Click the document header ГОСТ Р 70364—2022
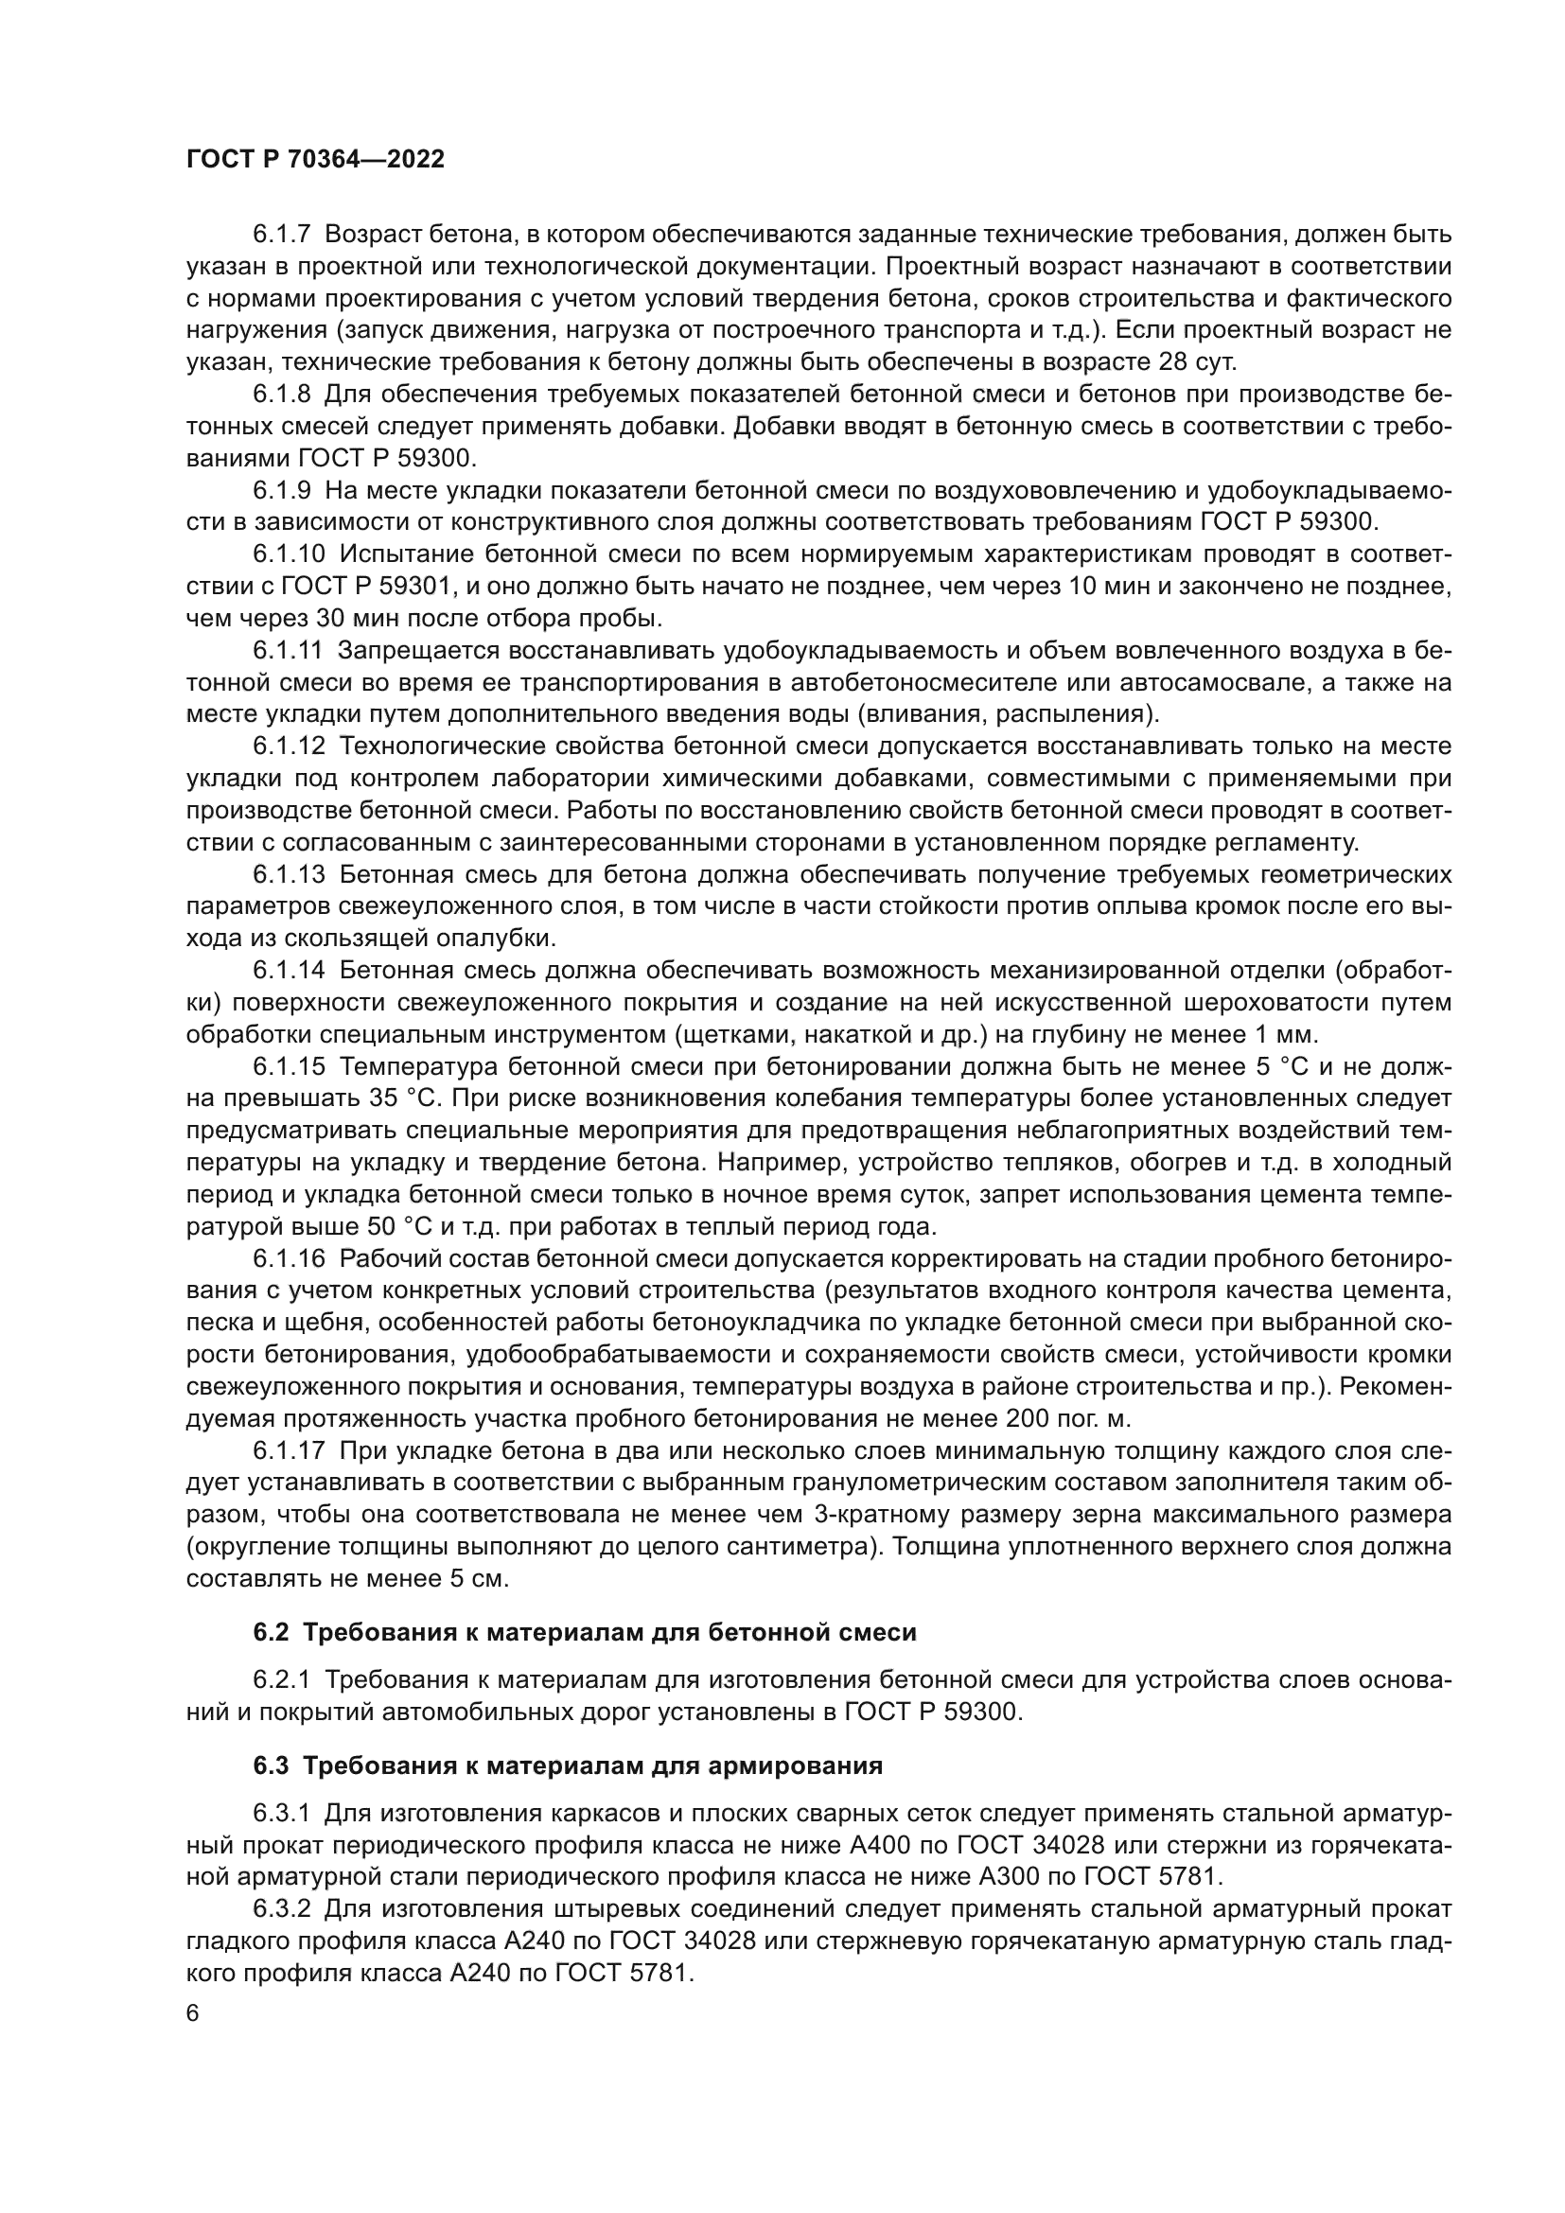tap(315, 160)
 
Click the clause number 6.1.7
tap(281, 235)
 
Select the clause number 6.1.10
tap(289, 554)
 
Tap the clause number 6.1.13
tap(289, 875)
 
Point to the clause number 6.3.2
tap(281, 1909)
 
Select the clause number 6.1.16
tap(289, 1258)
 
